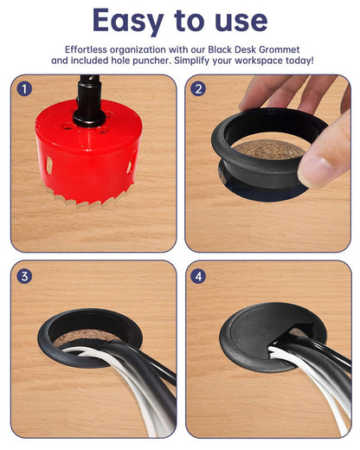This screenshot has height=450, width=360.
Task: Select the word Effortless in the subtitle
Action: pyautogui.click(x=93, y=48)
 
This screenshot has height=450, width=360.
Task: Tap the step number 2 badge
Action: pyautogui.click(x=198, y=88)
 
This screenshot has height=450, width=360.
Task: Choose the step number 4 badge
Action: pyautogui.click(x=198, y=276)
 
